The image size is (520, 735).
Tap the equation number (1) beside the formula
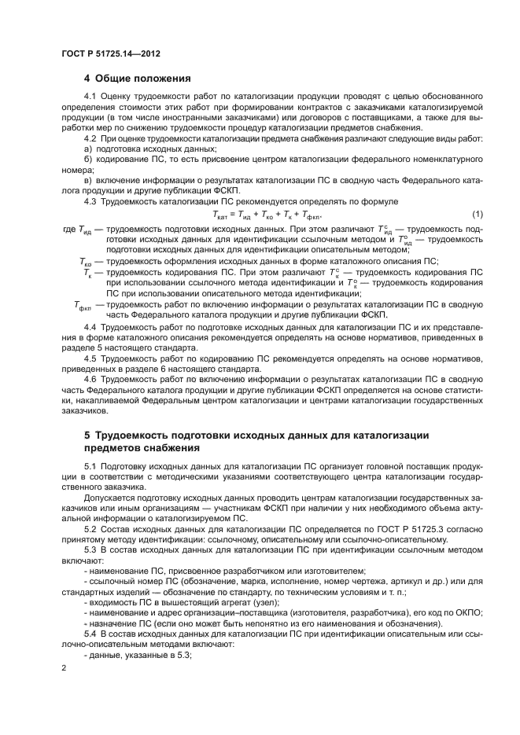[477, 215]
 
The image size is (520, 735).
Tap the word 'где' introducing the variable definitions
[68, 229]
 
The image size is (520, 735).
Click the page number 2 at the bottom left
[65, 667]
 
